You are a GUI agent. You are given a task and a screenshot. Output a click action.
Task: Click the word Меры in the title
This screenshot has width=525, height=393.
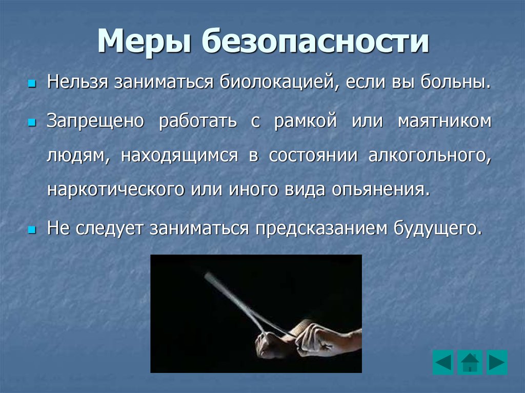pyautogui.click(x=145, y=41)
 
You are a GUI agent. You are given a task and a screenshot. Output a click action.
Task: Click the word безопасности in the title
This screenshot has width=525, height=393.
pyautogui.click(x=315, y=41)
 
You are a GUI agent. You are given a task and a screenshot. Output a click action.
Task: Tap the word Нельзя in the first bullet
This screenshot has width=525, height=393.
pyautogui.click(x=77, y=81)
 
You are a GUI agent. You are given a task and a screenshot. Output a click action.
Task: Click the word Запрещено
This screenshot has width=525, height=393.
pyautogui.click(x=95, y=121)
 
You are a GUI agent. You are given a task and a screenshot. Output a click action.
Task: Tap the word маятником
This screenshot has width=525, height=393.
pyautogui.click(x=445, y=121)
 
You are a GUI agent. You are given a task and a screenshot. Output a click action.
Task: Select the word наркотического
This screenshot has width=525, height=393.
pyautogui.click(x=116, y=190)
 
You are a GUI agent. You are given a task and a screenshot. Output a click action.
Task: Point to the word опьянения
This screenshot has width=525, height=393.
pyautogui.click(x=381, y=190)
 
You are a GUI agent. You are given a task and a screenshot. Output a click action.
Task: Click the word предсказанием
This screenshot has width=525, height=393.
pyautogui.click(x=321, y=229)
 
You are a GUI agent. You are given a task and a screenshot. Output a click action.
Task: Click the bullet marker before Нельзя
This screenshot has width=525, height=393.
pyautogui.click(x=32, y=83)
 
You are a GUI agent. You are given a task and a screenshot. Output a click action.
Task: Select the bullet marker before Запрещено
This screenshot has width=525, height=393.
pyautogui.click(x=32, y=122)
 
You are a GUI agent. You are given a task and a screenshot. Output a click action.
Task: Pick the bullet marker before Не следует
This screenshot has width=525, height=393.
pyautogui.click(x=32, y=230)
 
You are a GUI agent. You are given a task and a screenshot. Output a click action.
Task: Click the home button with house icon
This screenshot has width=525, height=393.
pyautogui.click(x=470, y=362)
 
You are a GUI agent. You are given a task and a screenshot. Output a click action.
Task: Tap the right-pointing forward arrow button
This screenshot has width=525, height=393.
pyautogui.click(x=497, y=362)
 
